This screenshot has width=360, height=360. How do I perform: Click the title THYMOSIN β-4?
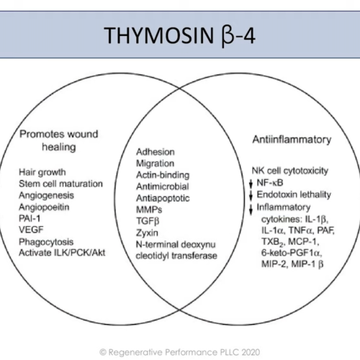179,35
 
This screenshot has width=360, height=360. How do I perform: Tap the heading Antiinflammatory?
292,140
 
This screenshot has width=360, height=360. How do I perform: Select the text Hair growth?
42,172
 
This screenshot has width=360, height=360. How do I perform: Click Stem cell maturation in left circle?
60,184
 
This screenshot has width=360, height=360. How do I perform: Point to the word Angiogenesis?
46,196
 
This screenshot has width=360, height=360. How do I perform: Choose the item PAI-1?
30,218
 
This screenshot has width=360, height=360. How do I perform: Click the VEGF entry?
31,230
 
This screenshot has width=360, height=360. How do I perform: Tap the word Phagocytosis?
46,242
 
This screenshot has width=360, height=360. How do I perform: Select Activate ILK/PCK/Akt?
62,253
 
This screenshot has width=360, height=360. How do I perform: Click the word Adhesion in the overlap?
156,152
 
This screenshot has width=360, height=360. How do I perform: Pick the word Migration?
155,163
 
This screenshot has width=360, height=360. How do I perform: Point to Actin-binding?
163,175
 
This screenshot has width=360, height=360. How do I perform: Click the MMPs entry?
149,210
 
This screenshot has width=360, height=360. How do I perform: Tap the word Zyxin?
147,233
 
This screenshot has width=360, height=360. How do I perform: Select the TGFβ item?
148,221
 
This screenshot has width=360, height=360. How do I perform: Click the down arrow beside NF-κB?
251,184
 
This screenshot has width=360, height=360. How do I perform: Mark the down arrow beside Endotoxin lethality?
251,196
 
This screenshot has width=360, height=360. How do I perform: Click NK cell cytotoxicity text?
290,171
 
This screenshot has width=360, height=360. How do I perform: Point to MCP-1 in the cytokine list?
303,241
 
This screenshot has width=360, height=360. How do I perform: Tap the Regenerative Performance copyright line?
180,352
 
